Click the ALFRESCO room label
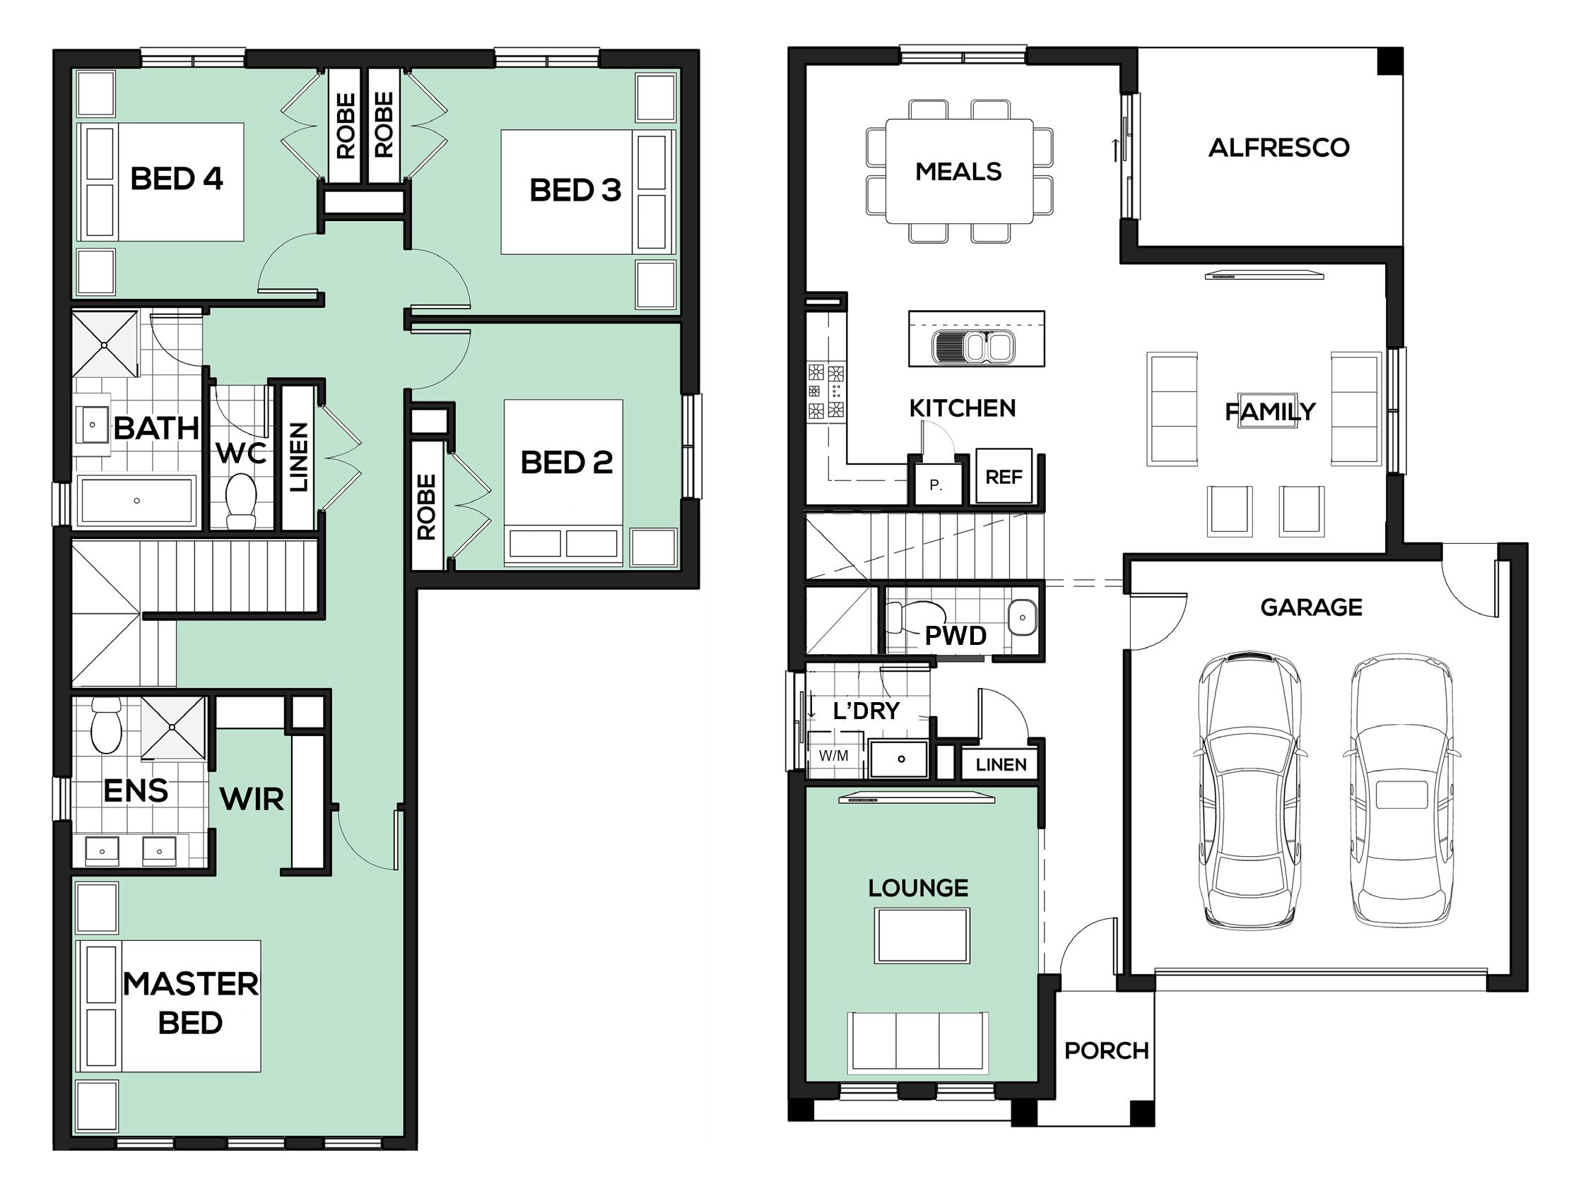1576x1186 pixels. pos(1279,148)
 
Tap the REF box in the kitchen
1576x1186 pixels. pos(1003,477)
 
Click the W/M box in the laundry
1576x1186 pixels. pos(834,756)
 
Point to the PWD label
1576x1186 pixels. pos(955,636)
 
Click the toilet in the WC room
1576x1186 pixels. pos(241,501)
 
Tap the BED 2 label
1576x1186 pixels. pos(566,462)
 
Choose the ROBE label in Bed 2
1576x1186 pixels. pos(426,507)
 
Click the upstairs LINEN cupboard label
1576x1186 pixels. pos(298,457)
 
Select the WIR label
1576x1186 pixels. pos(252,799)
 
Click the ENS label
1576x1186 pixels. pos(136,790)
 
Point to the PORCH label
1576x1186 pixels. pos(1106,1050)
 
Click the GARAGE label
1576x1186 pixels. pos(1311,607)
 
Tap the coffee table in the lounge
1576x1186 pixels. pos(922,935)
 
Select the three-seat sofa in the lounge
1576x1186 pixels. pos(917,1043)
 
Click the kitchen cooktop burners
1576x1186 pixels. pos(825,391)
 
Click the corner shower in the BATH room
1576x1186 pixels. pos(105,344)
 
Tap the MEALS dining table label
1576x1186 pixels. pos(958,171)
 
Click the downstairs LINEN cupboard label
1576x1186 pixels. pos(1001,764)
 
